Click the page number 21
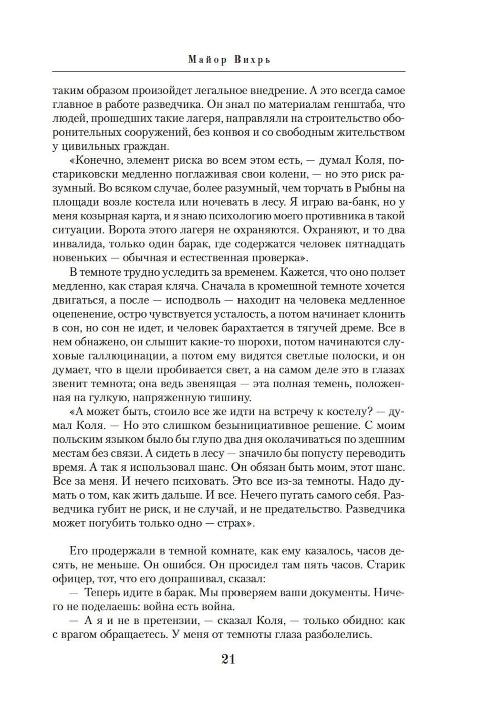point(228,659)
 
